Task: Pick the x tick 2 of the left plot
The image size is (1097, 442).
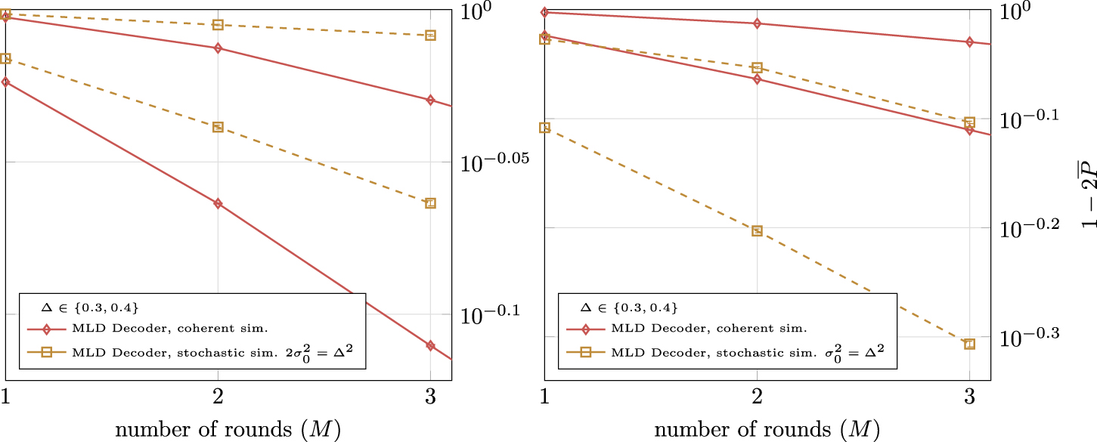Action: pyautogui.click(x=218, y=397)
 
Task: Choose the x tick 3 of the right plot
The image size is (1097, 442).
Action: pyautogui.click(x=969, y=397)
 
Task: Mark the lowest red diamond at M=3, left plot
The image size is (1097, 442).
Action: pyautogui.click(x=430, y=345)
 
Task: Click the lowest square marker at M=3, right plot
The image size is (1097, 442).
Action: pyautogui.click(x=970, y=344)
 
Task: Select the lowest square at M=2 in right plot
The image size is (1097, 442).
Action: pyautogui.click(x=757, y=230)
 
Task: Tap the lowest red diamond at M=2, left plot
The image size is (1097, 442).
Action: pyautogui.click(x=218, y=203)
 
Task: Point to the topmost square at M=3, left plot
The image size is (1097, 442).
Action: pyautogui.click(x=430, y=36)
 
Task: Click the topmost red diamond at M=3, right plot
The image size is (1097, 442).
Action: pyautogui.click(x=970, y=42)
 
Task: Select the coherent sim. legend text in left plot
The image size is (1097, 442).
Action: pyautogui.click(x=170, y=329)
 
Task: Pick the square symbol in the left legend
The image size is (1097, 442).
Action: pyautogui.click(x=46, y=352)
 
